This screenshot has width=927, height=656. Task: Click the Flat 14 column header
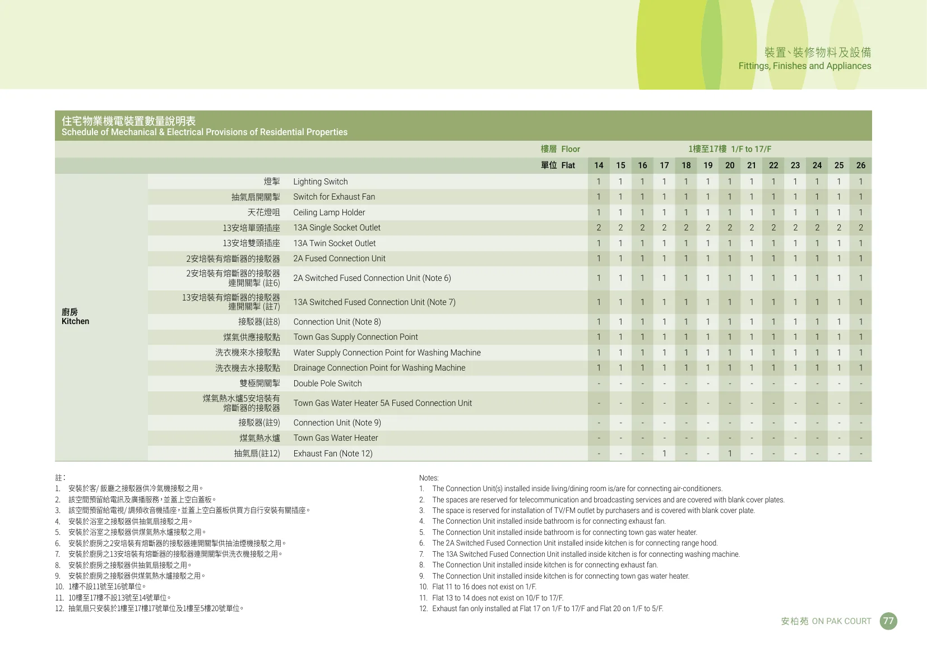click(599, 165)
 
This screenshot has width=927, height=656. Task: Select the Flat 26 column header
click(860, 165)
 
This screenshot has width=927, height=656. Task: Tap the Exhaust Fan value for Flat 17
click(664, 454)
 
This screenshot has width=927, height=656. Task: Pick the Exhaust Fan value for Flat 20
click(730, 454)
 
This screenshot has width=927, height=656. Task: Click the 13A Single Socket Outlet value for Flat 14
click(599, 228)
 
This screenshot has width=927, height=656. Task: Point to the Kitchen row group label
click(75, 317)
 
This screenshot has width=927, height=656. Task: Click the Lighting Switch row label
click(320, 182)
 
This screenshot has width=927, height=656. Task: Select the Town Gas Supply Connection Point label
click(355, 337)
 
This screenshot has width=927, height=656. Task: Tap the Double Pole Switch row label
click(327, 384)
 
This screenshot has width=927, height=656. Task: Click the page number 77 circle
click(888, 621)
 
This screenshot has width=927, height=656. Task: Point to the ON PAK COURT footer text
click(841, 621)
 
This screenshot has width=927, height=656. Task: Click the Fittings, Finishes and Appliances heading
click(804, 66)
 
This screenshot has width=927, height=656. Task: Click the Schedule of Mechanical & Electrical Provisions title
click(205, 132)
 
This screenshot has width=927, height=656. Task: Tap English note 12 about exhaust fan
click(547, 609)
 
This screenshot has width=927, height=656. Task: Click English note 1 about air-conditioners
click(577, 489)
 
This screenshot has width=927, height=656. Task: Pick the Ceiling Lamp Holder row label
click(329, 212)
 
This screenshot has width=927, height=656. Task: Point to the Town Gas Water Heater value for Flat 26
click(860, 438)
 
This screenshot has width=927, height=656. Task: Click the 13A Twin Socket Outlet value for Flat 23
click(795, 243)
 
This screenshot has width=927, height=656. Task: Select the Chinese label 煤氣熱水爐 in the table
click(259, 438)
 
